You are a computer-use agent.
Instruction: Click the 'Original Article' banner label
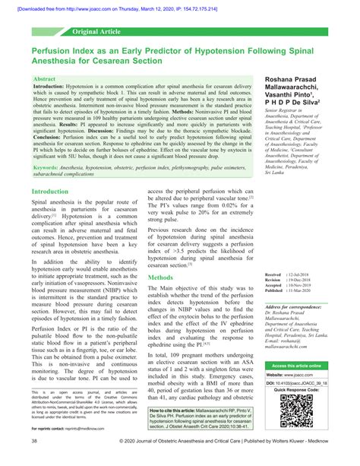point(97,33)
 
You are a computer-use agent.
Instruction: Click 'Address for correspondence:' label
point(295,306)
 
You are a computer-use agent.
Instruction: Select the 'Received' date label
point(273,271)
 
